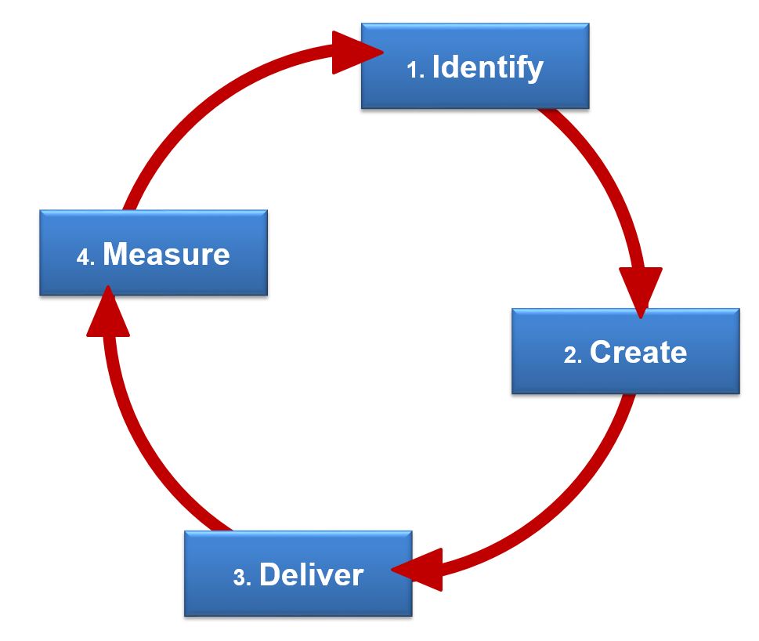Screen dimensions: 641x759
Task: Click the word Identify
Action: coord(487,67)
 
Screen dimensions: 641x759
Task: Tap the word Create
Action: coord(638,352)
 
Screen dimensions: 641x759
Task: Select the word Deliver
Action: coord(311,575)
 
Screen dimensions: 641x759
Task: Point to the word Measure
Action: coord(166,255)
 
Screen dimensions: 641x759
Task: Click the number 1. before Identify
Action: coord(415,71)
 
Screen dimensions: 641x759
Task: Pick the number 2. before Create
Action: coord(573,355)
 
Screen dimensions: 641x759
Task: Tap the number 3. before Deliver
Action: coord(242,578)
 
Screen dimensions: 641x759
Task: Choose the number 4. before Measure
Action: coord(86,258)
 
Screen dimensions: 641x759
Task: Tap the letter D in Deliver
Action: coord(269,575)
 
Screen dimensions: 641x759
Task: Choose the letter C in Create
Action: coord(601,352)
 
